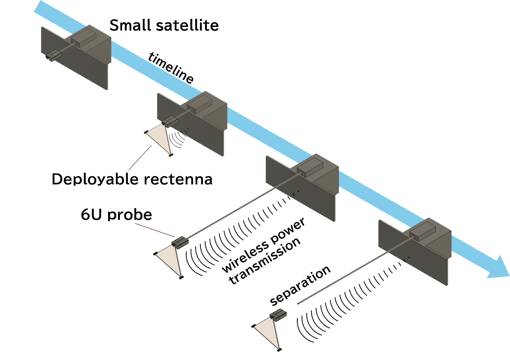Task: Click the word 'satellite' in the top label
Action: [x=187, y=25]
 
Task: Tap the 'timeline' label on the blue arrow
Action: [x=171, y=68]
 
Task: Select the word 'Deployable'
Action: [x=95, y=180]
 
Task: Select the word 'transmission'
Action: [x=265, y=261]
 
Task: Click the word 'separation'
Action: [x=300, y=286]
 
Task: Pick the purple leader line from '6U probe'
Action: [x=155, y=230]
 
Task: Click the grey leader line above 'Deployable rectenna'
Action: [x=140, y=158]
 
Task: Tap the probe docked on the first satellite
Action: [x=54, y=55]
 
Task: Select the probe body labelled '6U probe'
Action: [x=180, y=243]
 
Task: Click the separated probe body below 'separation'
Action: [x=278, y=315]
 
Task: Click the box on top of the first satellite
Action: [x=83, y=38]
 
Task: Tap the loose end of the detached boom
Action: [x=298, y=304]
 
